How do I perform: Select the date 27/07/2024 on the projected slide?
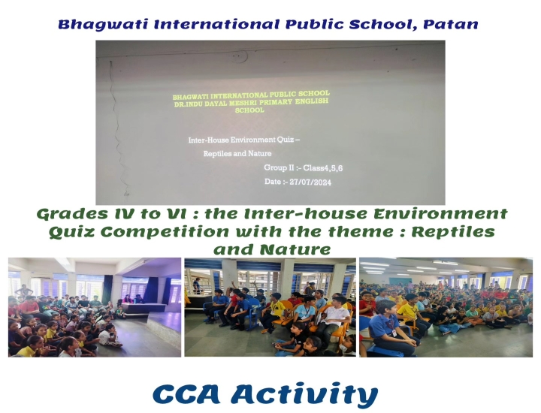tap(310, 182)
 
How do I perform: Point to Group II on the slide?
tap(279, 167)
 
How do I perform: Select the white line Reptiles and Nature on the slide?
tap(237, 153)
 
